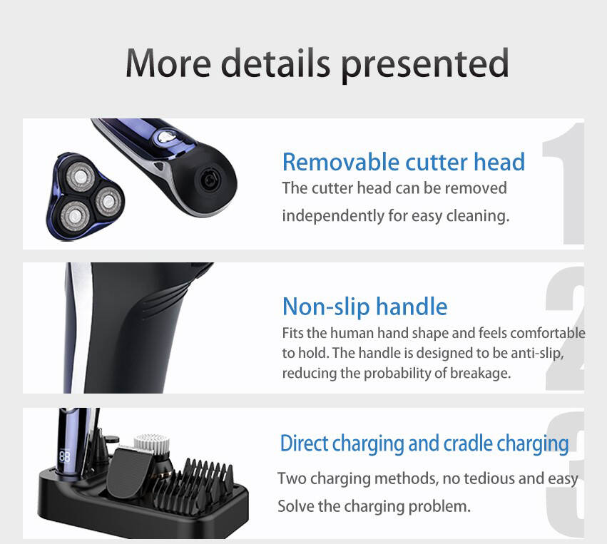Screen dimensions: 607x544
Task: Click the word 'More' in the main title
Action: click(169, 63)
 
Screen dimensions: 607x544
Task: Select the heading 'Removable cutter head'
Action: click(404, 161)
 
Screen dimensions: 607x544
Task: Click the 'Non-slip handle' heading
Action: click(364, 307)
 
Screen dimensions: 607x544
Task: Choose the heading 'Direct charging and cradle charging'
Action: click(424, 443)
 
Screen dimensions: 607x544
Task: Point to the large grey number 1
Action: click(563, 183)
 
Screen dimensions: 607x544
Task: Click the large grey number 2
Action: click(564, 328)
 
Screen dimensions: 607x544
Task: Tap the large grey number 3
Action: click(565, 474)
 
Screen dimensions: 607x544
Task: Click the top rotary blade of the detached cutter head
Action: click(81, 177)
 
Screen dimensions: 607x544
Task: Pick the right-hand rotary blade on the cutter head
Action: click(108, 201)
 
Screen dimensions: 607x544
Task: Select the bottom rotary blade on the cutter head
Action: click(75, 215)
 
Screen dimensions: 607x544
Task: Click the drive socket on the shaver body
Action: click(210, 180)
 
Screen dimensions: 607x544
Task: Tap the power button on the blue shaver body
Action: click(166, 137)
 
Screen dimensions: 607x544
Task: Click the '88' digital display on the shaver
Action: click(65, 457)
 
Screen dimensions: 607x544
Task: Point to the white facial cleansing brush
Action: click(152, 445)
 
